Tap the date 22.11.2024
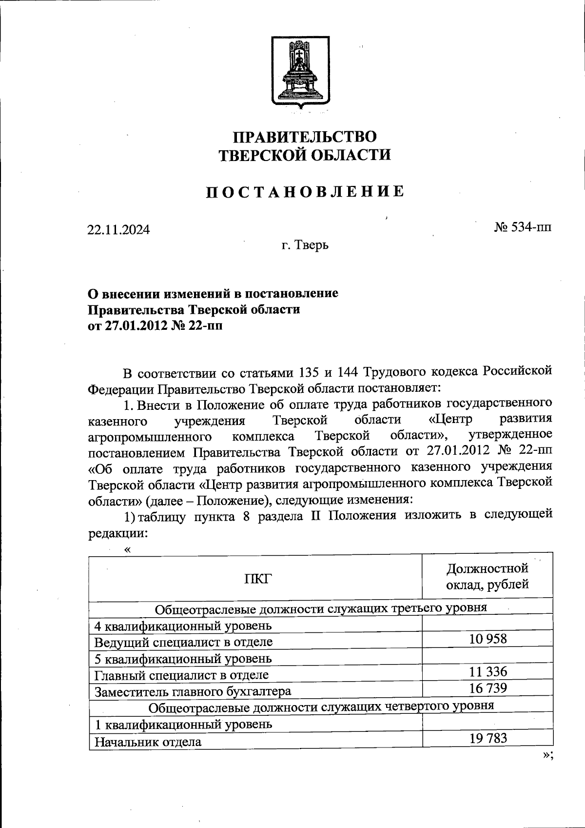118,229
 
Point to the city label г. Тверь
305,245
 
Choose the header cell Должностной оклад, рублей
487,576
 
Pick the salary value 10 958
488,638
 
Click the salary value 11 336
488,672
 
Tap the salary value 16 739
488,688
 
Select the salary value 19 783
488,738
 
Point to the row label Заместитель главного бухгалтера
193,691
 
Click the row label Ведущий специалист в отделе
183,642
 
